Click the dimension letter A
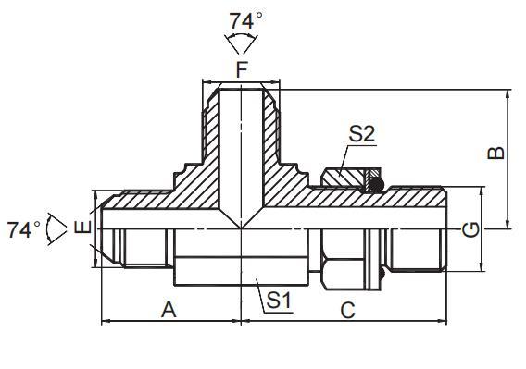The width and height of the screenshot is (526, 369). pyautogui.click(x=169, y=309)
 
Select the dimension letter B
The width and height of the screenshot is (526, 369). pyautogui.click(x=495, y=153)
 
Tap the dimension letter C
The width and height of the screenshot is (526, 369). pyautogui.click(x=347, y=310)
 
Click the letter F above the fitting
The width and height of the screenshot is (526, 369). pyautogui.click(x=242, y=70)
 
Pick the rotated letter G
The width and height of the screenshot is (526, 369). pyautogui.click(x=470, y=230)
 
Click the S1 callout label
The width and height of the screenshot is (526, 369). pyautogui.click(x=279, y=300)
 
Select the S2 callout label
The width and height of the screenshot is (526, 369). pyautogui.click(x=361, y=134)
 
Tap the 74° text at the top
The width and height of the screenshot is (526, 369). pyautogui.click(x=246, y=20)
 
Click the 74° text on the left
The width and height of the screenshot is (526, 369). pyautogui.click(x=24, y=229)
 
